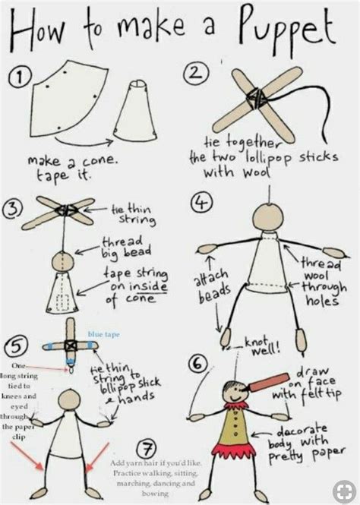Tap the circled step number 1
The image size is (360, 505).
tap(22, 75)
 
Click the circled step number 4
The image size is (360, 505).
tap(199, 204)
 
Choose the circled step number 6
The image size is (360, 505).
tap(199, 365)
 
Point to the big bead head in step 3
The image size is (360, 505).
tap(62, 263)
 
